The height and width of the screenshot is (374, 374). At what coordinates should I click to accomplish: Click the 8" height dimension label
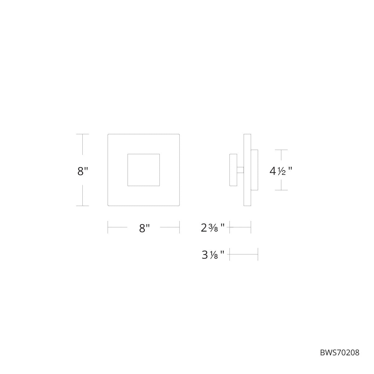[83, 171]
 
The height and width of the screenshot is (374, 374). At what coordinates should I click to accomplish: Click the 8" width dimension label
[144, 228]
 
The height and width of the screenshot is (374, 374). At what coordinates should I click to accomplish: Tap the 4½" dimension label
[280, 171]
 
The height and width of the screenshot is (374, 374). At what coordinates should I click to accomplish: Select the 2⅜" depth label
[213, 228]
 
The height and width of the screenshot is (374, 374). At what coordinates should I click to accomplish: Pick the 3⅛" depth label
[213, 255]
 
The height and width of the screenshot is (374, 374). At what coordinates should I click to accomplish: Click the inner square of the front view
[143, 170]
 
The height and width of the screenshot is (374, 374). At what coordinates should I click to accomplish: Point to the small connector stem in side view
[241, 170]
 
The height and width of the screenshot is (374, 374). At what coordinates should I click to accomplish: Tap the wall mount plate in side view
[233, 170]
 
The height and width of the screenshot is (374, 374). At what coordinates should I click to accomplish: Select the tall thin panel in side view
[247, 170]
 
